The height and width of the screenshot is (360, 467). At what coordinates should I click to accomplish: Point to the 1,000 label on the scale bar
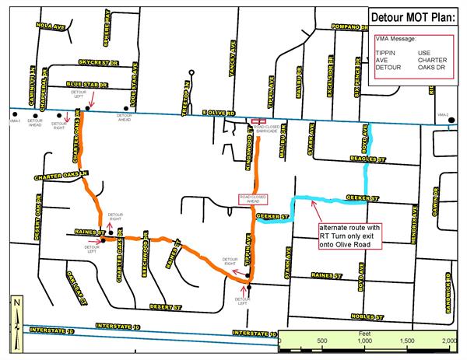tap(363, 341)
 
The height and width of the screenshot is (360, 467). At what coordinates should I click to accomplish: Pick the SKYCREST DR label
tap(96, 60)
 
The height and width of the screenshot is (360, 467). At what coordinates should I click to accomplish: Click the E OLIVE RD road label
tap(219, 114)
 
